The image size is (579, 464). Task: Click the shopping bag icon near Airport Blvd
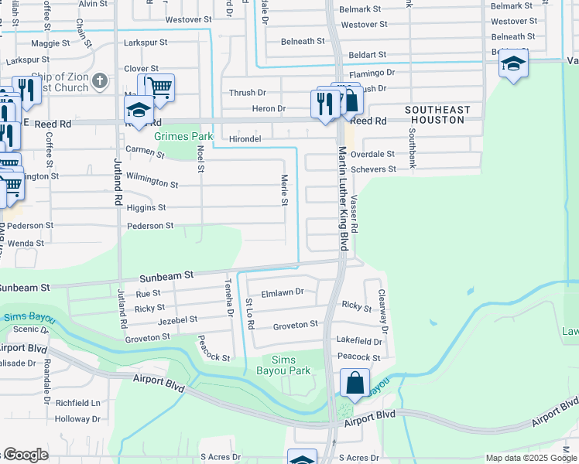pyautogui.click(x=354, y=383)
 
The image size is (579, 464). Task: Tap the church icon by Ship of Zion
pyautogui.click(x=99, y=80)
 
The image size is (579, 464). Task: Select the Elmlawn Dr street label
pyautogui.click(x=283, y=292)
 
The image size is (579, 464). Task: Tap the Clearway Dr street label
pyautogui.click(x=382, y=308)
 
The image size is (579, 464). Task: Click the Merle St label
pyautogui.click(x=284, y=190)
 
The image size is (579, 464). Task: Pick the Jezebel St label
pyautogui.click(x=178, y=319)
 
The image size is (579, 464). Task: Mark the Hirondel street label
pyautogui.click(x=245, y=138)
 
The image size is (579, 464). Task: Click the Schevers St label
pyautogui.click(x=373, y=169)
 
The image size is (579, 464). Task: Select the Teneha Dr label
pyautogui.click(x=229, y=299)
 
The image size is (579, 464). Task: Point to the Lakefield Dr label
pyautogui.click(x=359, y=341)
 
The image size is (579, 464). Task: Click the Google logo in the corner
pyautogui.click(x=25, y=455)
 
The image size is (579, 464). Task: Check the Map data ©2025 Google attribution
pyautogui.click(x=531, y=458)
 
